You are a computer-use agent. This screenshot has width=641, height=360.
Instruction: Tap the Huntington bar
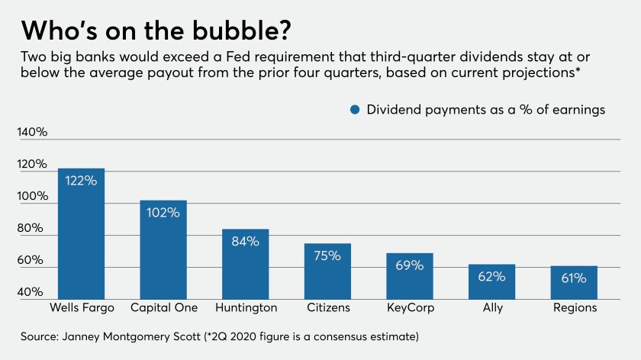coord(246,263)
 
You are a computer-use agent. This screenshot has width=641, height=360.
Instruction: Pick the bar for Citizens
coord(327,271)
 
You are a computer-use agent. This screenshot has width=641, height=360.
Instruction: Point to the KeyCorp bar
coord(410,275)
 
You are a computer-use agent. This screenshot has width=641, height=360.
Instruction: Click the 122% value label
coord(81,181)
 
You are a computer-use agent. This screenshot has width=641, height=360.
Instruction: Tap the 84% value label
coord(246,241)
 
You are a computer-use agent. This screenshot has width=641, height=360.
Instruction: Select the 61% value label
coord(574,278)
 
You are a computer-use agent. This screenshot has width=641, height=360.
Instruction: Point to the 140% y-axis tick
coord(32,133)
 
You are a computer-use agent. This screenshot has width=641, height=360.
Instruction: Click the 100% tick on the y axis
coord(32,197)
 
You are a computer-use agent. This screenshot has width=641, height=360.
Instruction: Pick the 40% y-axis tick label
coord(32,293)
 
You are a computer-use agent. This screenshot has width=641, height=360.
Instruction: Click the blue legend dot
coord(355,110)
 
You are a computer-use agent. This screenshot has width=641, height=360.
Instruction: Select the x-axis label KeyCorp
coord(410,307)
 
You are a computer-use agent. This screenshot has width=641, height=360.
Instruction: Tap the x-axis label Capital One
coord(163,307)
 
